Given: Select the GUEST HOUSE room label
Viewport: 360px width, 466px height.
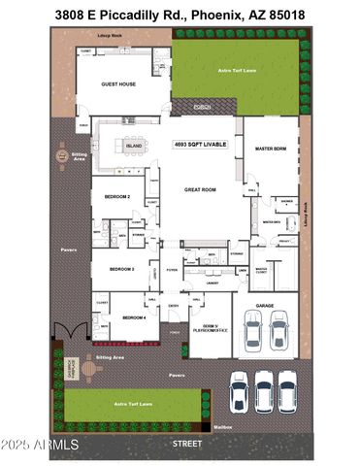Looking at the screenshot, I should pyautogui.click(x=118, y=84).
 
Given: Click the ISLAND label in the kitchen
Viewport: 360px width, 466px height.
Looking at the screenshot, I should pyautogui.click(x=135, y=147).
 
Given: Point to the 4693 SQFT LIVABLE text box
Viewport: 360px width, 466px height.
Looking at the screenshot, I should pyautogui.click(x=201, y=143).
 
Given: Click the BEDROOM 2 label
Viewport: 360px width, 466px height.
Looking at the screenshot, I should pyautogui.click(x=117, y=196).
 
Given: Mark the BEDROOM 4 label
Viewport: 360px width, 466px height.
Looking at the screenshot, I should pyautogui.click(x=134, y=317).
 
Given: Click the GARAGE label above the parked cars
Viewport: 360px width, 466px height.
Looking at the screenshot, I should pyautogui.click(x=265, y=305).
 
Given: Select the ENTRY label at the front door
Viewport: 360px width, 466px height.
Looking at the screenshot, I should pyautogui.click(x=175, y=305).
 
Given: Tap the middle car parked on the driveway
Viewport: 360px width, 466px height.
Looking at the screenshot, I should pyautogui.click(x=263, y=390).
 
